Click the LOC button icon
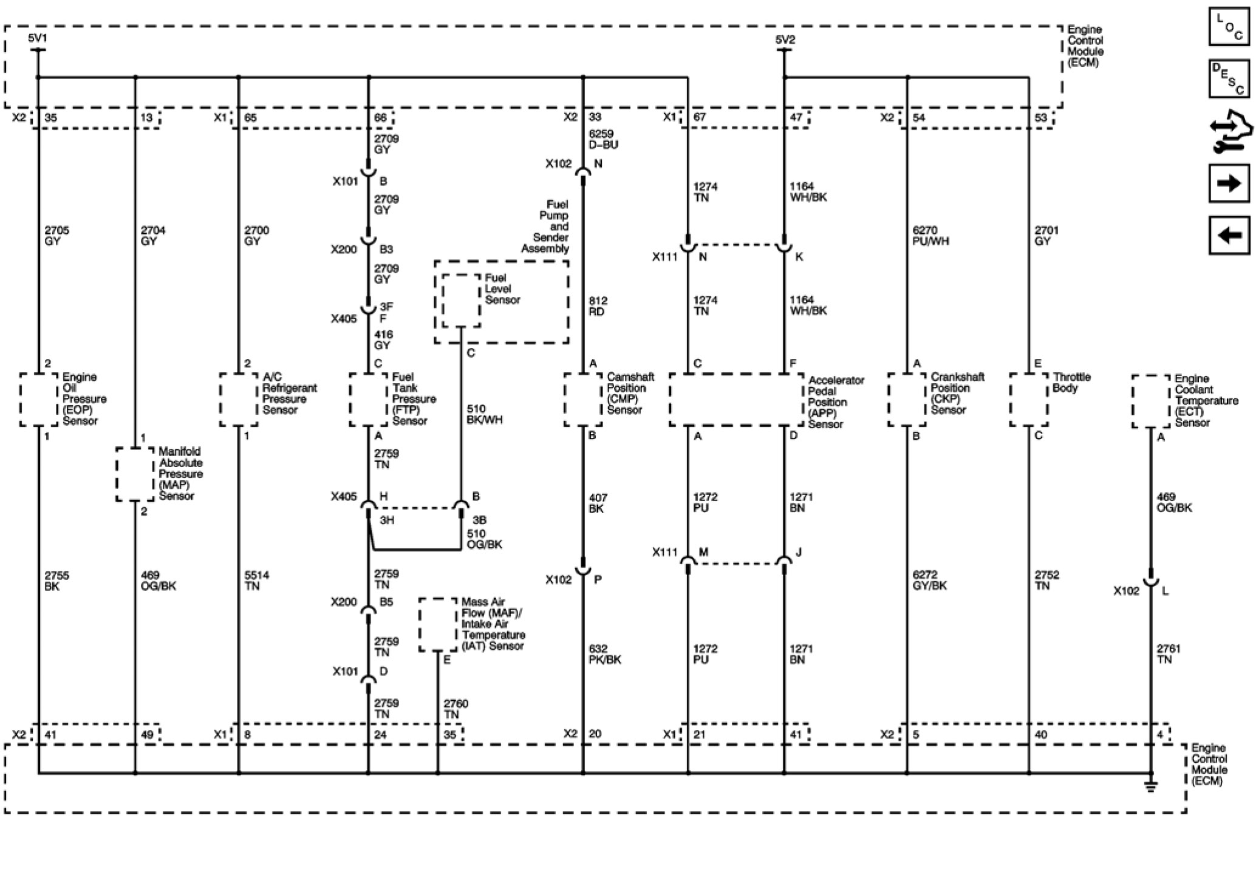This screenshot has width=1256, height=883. tap(1229, 27)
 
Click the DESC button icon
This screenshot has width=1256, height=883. tap(1229, 78)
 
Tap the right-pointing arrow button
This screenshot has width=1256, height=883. tap(1229, 183)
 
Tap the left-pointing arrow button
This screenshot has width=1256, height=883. tap(1229, 235)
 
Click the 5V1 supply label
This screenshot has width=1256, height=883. tap(38, 39)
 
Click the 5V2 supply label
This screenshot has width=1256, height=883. tap(785, 39)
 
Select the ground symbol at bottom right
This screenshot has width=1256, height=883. tap(1150, 787)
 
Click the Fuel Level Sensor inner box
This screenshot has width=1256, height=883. tap(461, 301)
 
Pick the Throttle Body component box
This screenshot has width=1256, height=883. tap(1029, 400)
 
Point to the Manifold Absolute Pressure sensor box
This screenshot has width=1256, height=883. tap(135, 474)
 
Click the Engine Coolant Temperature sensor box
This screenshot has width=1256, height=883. tap(1150, 401)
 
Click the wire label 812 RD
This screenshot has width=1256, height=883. tap(598, 306)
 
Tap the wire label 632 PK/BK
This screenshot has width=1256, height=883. tap(605, 654)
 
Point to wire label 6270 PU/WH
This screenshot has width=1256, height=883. tap(930, 236)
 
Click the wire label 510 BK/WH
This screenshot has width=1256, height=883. tap(484, 414)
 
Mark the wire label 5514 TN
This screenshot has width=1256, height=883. tap(256, 580)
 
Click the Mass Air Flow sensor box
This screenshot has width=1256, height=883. tap(437, 624)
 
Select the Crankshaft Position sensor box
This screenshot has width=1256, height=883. tap(907, 400)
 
